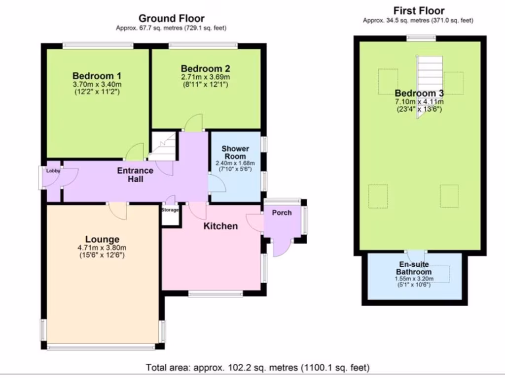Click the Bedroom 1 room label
(x=97, y=76)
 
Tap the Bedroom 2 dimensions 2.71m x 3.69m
(x=206, y=77)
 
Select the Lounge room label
(x=102, y=239)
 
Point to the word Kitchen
(x=220, y=226)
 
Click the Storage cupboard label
(x=170, y=210)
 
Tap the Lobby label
(x=53, y=171)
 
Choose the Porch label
(x=282, y=213)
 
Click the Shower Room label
(x=235, y=153)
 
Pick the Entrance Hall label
(x=135, y=175)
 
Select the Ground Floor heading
(x=171, y=18)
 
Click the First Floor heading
(x=419, y=11)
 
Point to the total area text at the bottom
(x=257, y=367)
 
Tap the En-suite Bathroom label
(x=414, y=268)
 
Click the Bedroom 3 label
(x=419, y=93)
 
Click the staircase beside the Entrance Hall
(x=163, y=146)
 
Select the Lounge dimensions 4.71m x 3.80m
(x=102, y=248)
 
